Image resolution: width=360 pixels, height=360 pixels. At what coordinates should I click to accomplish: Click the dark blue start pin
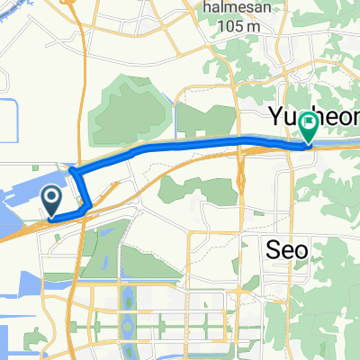coord(53,200)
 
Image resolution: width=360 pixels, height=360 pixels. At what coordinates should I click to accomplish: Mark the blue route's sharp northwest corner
coord(73,171)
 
